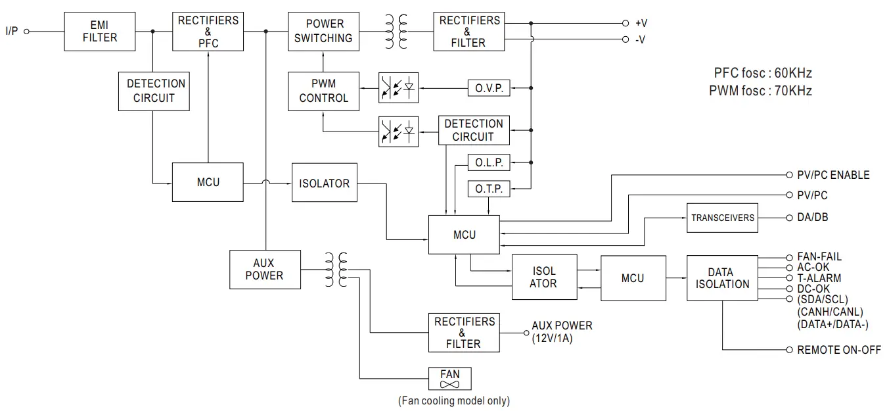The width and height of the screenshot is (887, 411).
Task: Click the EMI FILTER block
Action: tap(100, 31)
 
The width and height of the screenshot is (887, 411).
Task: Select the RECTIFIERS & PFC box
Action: tap(208, 31)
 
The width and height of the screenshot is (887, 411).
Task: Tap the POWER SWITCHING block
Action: tap(323, 31)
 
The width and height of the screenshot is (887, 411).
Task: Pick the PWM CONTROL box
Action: tap(323, 91)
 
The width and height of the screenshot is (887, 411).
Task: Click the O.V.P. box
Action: tap(489, 88)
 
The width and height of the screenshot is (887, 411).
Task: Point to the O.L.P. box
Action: tap(488, 162)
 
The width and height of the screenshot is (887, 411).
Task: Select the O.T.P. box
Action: tap(488, 189)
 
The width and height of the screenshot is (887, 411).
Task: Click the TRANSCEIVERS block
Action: tap(722, 218)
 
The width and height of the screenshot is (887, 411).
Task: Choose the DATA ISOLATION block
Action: tap(722, 278)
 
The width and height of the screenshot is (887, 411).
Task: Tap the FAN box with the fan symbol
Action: tap(450, 379)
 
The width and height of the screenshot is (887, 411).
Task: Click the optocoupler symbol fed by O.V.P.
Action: tap(399, 88)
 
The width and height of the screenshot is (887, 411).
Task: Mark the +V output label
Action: tap(641, 23)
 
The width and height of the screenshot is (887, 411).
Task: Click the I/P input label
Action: tap(12, 31)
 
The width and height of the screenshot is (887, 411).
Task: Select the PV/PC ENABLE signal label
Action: tap(833, 175)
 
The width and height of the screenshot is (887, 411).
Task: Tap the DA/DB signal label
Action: tap(813, 217)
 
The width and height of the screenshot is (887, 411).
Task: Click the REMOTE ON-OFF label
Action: tap(838, 351)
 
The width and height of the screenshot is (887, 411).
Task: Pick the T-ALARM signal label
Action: tap(819, 278)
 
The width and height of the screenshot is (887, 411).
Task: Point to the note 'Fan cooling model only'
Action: tap(453, 400)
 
